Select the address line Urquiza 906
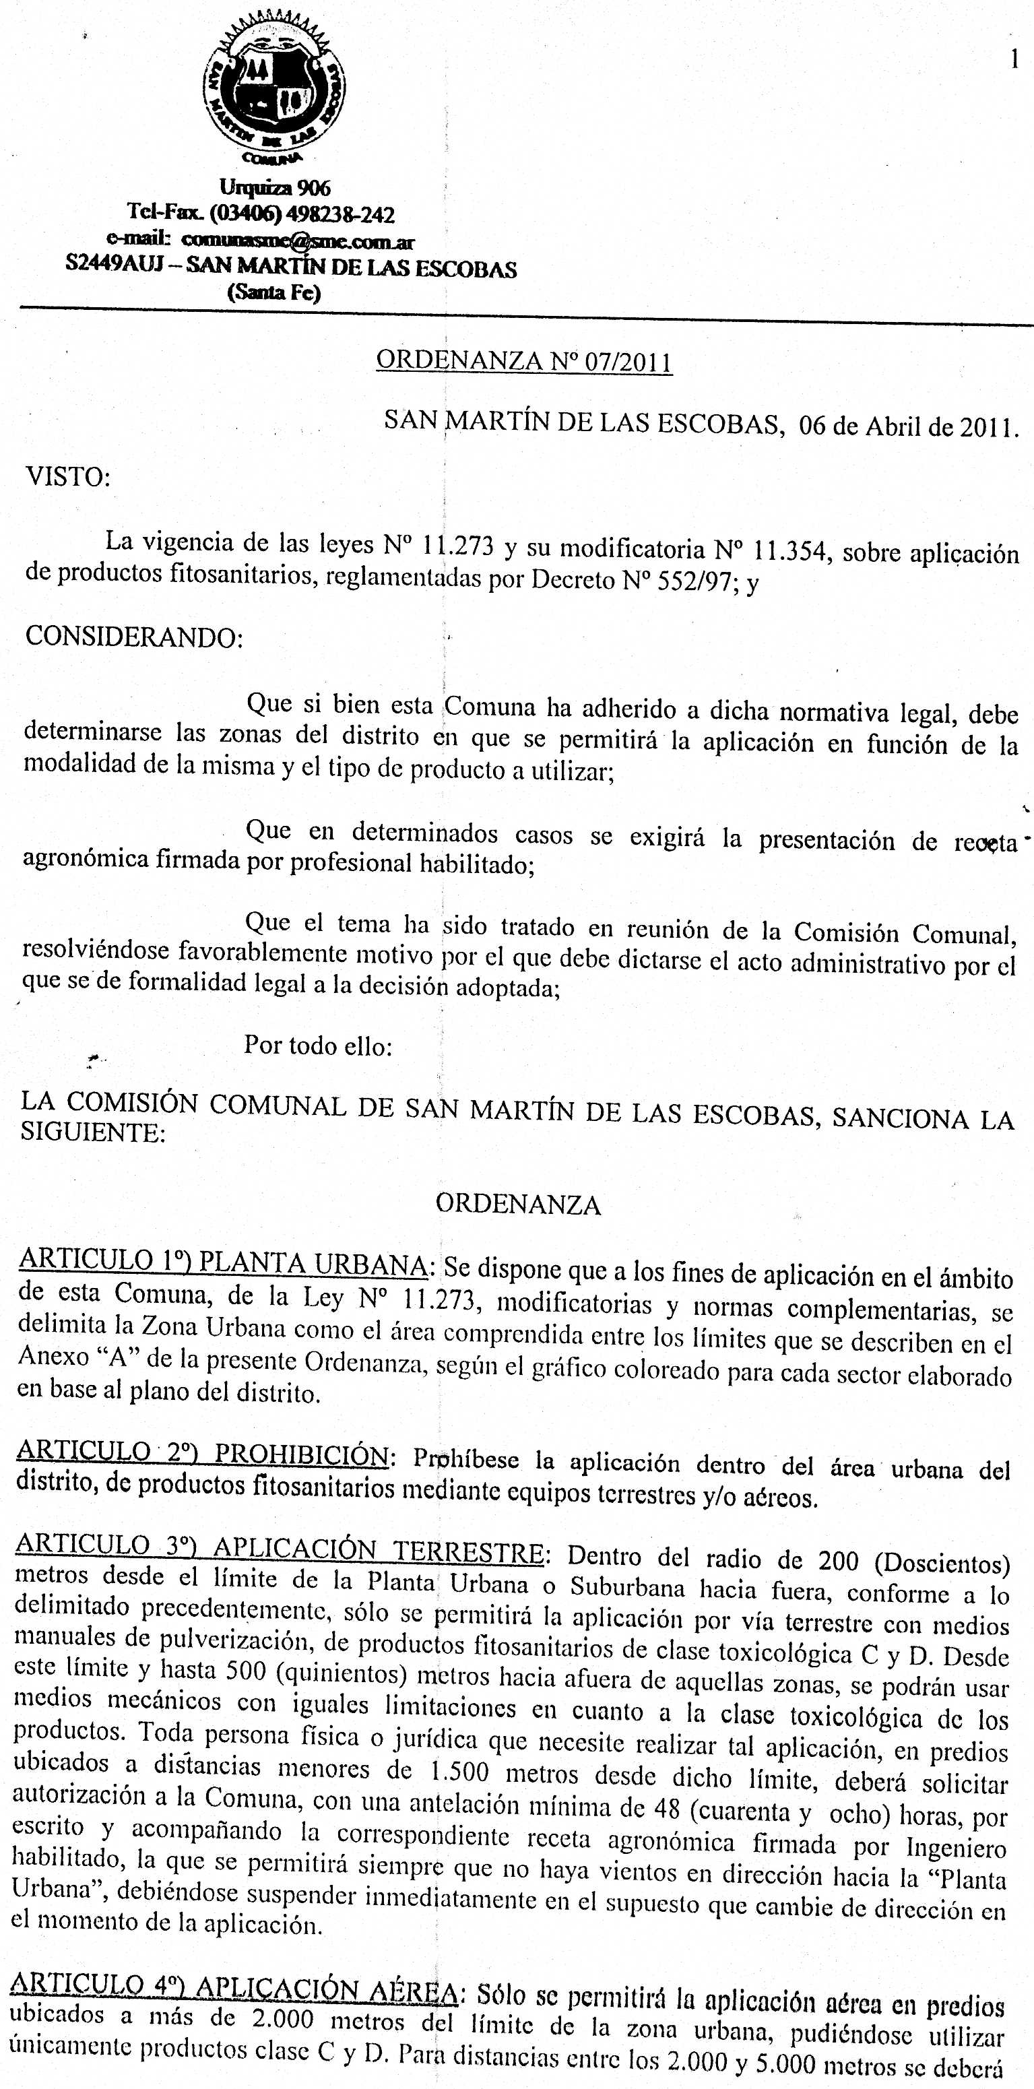(x=275, y=188)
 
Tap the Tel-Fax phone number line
(x=261, y=215)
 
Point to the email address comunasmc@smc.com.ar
(x=298, y=241)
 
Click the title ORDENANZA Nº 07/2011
(x=525, y=360)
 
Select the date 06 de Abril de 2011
(x=908, y=426)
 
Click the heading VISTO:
(x=69, y=477)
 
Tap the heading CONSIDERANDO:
(x=134, y=637)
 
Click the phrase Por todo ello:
(x=318, y=1046)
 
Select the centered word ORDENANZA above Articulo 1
(x=518, y=1204)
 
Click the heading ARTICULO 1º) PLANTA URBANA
(x=224, y=1264)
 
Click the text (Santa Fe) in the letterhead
(x=275, y=293)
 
